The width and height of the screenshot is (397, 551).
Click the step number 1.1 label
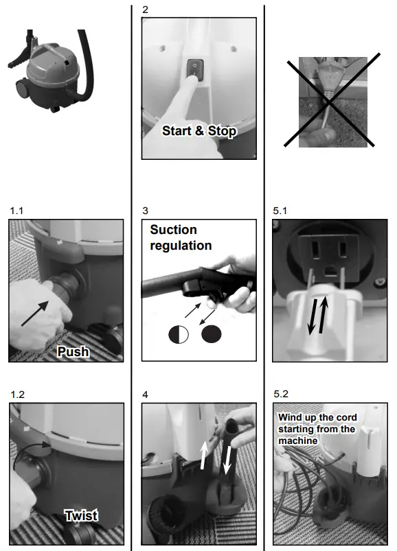click(16, 211)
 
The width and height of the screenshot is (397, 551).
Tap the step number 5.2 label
click(281, 394)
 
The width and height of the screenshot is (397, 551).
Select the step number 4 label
click(145, 395)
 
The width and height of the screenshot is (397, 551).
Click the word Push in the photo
click(73, 352)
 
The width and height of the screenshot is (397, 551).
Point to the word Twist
click(81, 516)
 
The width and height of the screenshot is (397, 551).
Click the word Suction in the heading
click(173, 230)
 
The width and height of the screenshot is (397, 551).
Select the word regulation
click(181, 246)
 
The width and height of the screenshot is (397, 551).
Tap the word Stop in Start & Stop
click(222, 131)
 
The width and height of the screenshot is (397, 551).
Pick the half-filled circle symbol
click(179, 335)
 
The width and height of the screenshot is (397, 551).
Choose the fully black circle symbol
click(212, 334)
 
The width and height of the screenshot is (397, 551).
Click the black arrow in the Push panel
click(35, 313)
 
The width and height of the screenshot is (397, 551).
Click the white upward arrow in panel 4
click(203, 455)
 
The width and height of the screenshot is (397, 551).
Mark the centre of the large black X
click(329, 102)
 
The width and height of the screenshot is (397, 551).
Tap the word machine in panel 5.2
click(298, 441)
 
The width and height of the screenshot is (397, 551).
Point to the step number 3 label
click(145, 211)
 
